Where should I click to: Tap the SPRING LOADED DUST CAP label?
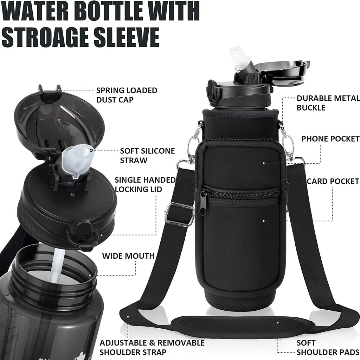tap(127, 95)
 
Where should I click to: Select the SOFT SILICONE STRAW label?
tap(147, 156)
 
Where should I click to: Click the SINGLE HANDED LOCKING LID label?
tap(145, 185)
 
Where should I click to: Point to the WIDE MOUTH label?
tap(128, 256)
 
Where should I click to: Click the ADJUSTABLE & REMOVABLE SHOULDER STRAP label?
tap(152, 347)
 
